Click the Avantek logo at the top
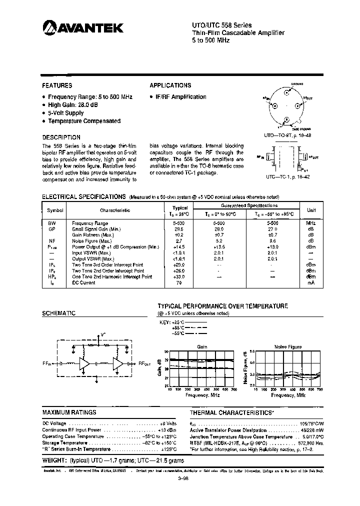pos(82,28)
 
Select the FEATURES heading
pos(57,85)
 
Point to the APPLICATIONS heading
pos(170,85)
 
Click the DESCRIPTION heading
pos(61,137)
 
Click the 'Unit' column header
pos(311,210)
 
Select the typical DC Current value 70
pos(179,282)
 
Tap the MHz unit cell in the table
pos(311,223)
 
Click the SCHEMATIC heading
pos(58,313)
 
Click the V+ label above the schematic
pos(103,333)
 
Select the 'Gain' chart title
pos(202,346)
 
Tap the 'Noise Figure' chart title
pos(287,346)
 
